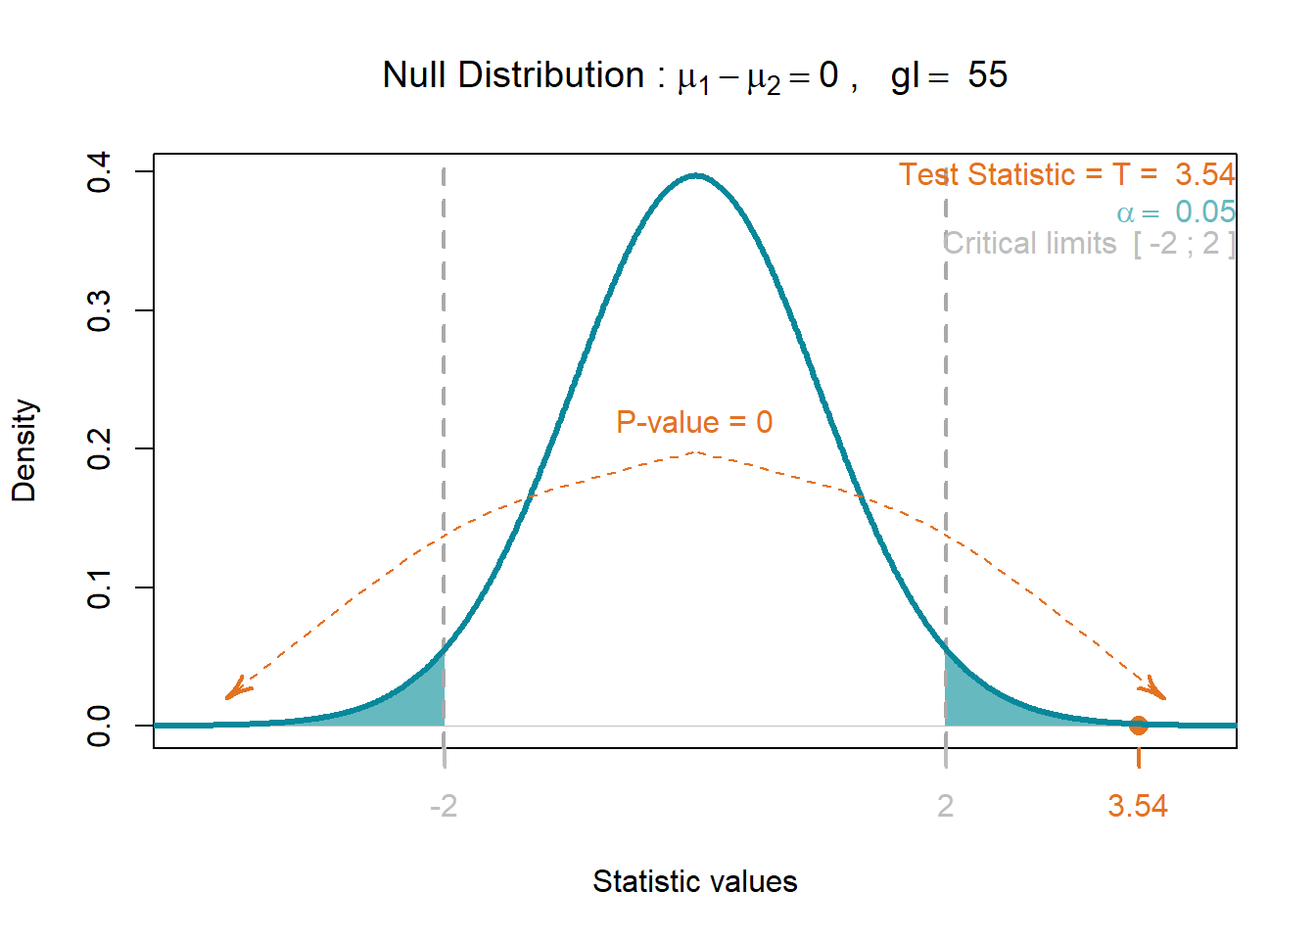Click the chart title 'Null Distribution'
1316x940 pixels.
tap(513, 75)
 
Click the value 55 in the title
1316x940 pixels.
tap(987, 75)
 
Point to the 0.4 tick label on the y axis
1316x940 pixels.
tap(99, 171)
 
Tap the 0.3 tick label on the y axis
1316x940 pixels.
tap(99, 310)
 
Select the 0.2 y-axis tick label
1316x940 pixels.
tap(99, 448)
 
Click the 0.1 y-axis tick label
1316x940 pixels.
tap(99, 587)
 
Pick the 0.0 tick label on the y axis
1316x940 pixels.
tap(99, 727)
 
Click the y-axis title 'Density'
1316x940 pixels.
tap(24, 450)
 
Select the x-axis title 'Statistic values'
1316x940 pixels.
tap(695, 881)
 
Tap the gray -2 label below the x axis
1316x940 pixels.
tap(444, 806)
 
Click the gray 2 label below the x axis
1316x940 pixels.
tap(945, 806)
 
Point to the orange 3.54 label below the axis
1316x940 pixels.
tap(1138, 806)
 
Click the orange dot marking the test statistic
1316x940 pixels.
tap(1139, 726)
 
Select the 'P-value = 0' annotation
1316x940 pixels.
tap(694, 422)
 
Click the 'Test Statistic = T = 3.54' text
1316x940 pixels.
tap(1067, 174)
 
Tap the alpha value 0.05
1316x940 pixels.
tap(1205, 211)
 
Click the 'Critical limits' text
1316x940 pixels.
tap(1029, 243)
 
